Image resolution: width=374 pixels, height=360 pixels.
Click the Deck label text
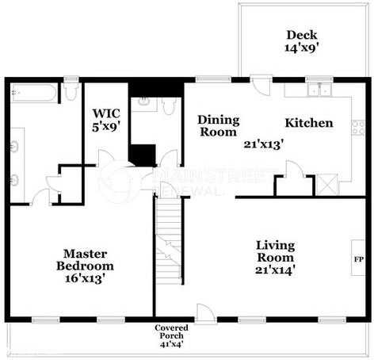[302, 34]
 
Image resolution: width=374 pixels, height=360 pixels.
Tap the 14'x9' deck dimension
[302, 48]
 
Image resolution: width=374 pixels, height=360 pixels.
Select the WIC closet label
[106, 113]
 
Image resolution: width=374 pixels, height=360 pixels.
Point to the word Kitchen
[308, 124]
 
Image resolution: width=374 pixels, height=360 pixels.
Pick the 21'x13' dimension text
[264, 145]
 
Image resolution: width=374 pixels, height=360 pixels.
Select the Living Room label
[275, 251]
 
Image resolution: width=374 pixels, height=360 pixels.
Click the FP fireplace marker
[358, 259]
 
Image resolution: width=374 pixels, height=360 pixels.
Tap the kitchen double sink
[320, 90]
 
